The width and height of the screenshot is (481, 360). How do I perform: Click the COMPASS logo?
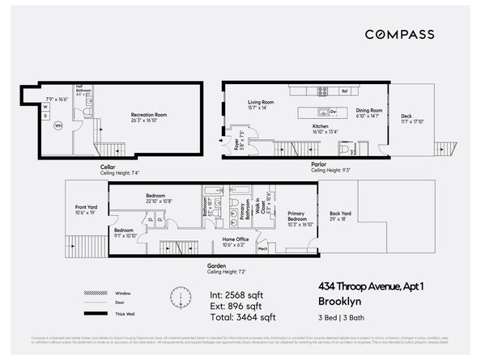pos(398,34)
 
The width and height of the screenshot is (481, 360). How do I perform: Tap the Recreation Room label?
pos(148,116)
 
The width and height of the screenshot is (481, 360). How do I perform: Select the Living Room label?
pos(260,103)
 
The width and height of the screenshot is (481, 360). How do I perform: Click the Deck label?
pos(407,116)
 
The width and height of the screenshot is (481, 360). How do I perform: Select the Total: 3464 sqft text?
pos(243,317)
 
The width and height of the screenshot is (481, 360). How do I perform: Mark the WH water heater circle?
pos(57,125)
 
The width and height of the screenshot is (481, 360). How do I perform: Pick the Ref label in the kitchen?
pos(344,91)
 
